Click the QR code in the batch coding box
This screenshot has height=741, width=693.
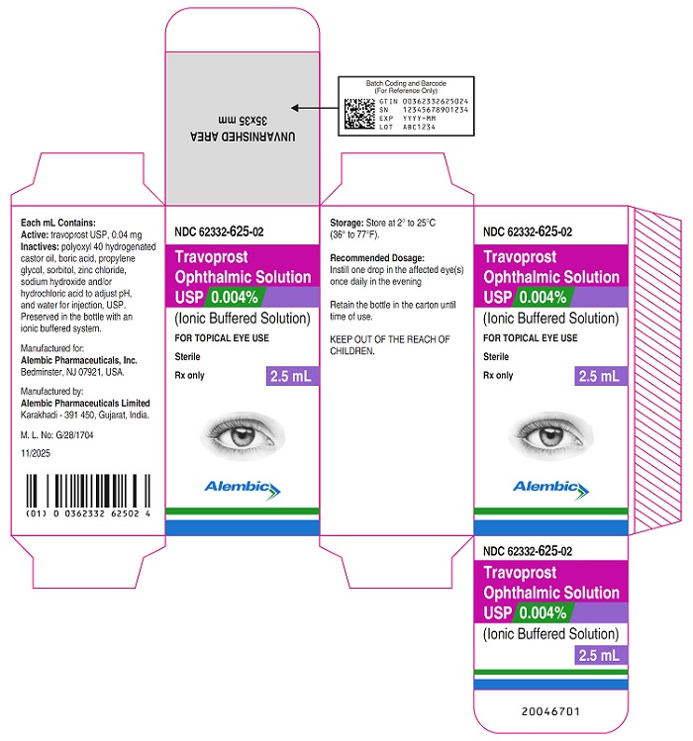coord(359,114)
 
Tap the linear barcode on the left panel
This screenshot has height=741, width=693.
coord(88,491)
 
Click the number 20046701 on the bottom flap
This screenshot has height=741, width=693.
coord(550,711)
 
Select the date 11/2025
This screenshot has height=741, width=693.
coord(36,453)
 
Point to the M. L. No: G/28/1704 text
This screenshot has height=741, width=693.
coord(56,434)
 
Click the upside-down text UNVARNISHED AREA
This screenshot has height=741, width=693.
coord(243,137)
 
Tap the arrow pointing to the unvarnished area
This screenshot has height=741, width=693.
coord(315,108)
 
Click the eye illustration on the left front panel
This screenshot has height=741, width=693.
coord(243,435)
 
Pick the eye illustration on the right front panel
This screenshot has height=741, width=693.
coord(550,435)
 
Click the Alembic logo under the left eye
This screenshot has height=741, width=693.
coord(243,490)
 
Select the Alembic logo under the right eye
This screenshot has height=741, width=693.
coord(551,490)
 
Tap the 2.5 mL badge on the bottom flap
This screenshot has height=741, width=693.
coord(600,656)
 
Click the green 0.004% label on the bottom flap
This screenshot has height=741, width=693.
coord(544,613)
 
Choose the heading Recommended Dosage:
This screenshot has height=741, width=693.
coord(377,258)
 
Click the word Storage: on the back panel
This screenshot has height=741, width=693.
coord(346,223)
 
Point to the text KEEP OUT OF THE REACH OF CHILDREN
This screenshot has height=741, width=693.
coord(390,345)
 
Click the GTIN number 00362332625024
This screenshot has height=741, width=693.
coord(436,102)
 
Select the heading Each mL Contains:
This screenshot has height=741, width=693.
coord(58,223)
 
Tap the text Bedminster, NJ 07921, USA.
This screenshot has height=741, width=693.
coord(72,372)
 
